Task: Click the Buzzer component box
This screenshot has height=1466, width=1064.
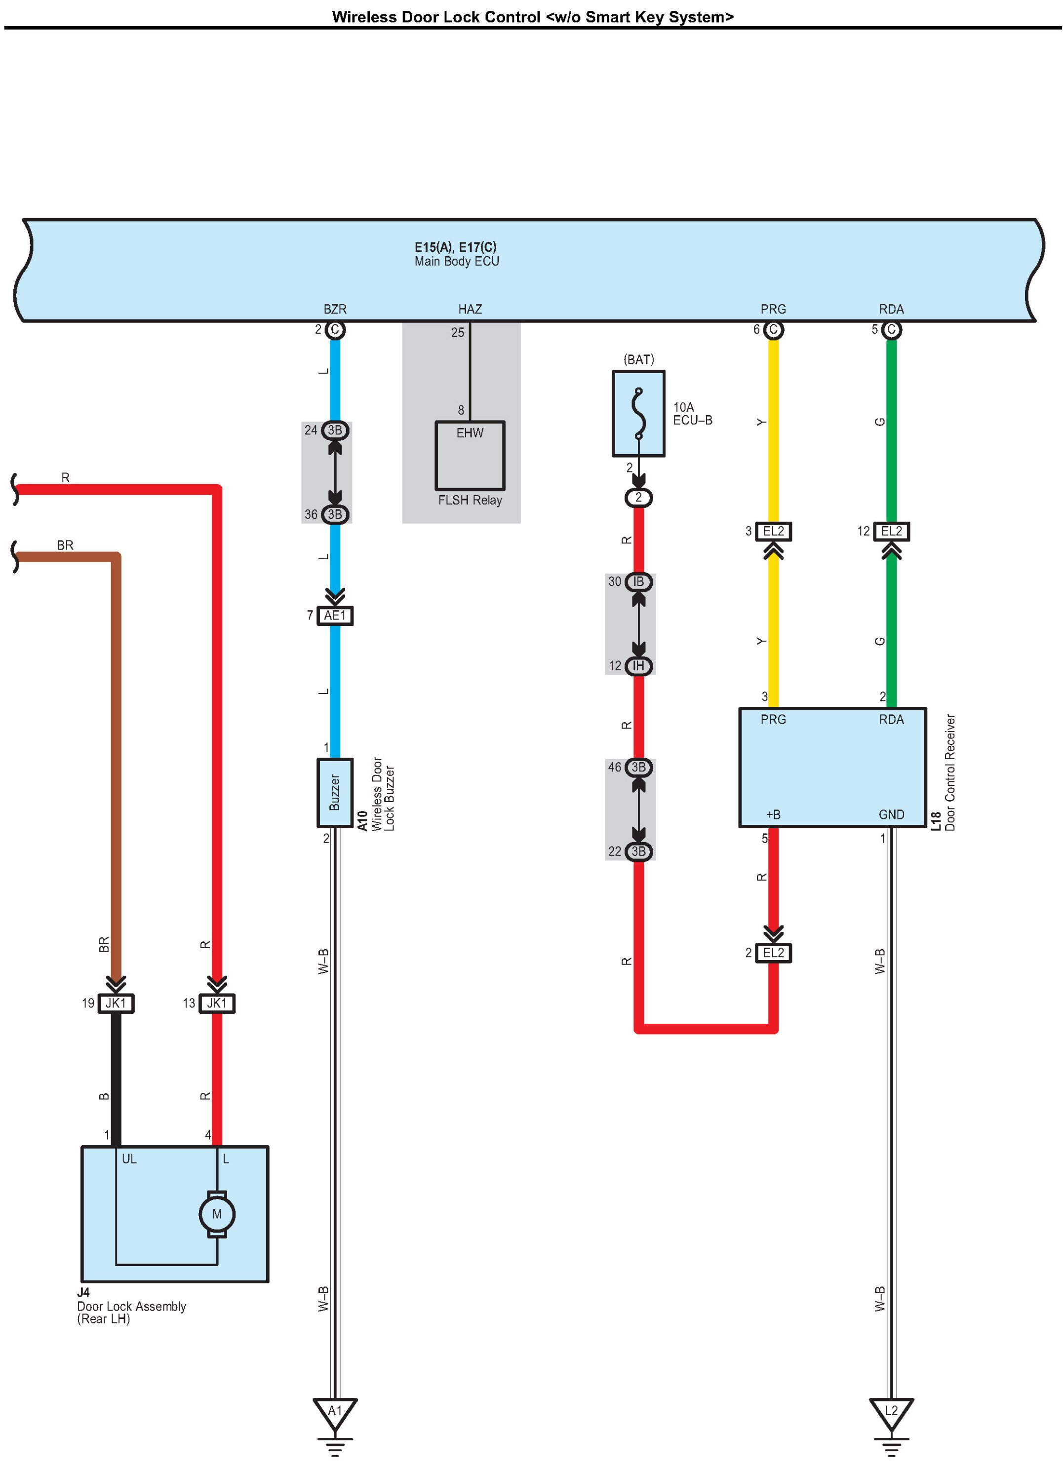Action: (335, 792)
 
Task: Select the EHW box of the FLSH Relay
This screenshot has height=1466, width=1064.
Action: (470, 456)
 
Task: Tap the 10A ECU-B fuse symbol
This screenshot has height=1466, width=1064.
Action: (639, 414)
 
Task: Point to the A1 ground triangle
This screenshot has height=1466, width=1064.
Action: (335, 1414)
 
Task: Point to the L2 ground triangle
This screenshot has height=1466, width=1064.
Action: (891, 1414)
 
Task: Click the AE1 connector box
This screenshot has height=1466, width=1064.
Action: (335, 616)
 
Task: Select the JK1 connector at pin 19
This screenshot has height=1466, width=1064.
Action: (116, 1003)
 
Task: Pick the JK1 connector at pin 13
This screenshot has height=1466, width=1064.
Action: (217, 1003)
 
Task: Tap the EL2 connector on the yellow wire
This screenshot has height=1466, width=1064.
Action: (773, 531)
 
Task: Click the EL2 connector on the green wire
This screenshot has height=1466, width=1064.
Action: (891, 531)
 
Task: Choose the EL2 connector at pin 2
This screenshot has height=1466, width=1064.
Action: (773, 953)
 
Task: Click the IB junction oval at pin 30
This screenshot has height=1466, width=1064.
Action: (639, 582)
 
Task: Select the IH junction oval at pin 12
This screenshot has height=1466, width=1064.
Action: (639, 666)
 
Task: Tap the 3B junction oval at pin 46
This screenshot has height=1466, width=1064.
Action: (639, 767)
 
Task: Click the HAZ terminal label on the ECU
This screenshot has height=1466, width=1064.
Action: (470, 309)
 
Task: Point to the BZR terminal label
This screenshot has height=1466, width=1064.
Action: (335, 309)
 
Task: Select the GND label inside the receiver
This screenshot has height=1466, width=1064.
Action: (891, 814)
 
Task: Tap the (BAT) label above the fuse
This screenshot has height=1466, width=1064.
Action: (639, 359)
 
